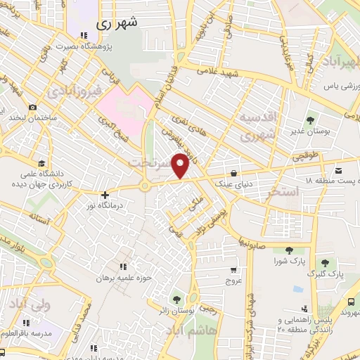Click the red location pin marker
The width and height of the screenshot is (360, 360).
[x=181, y=165]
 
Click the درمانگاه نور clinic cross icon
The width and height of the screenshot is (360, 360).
[x=105, y=195]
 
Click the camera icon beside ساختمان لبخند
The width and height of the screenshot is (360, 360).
[x=32, y=107]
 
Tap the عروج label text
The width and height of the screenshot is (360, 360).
[x=233, y=281]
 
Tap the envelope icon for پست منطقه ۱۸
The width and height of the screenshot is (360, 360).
[x=340, y=171]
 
